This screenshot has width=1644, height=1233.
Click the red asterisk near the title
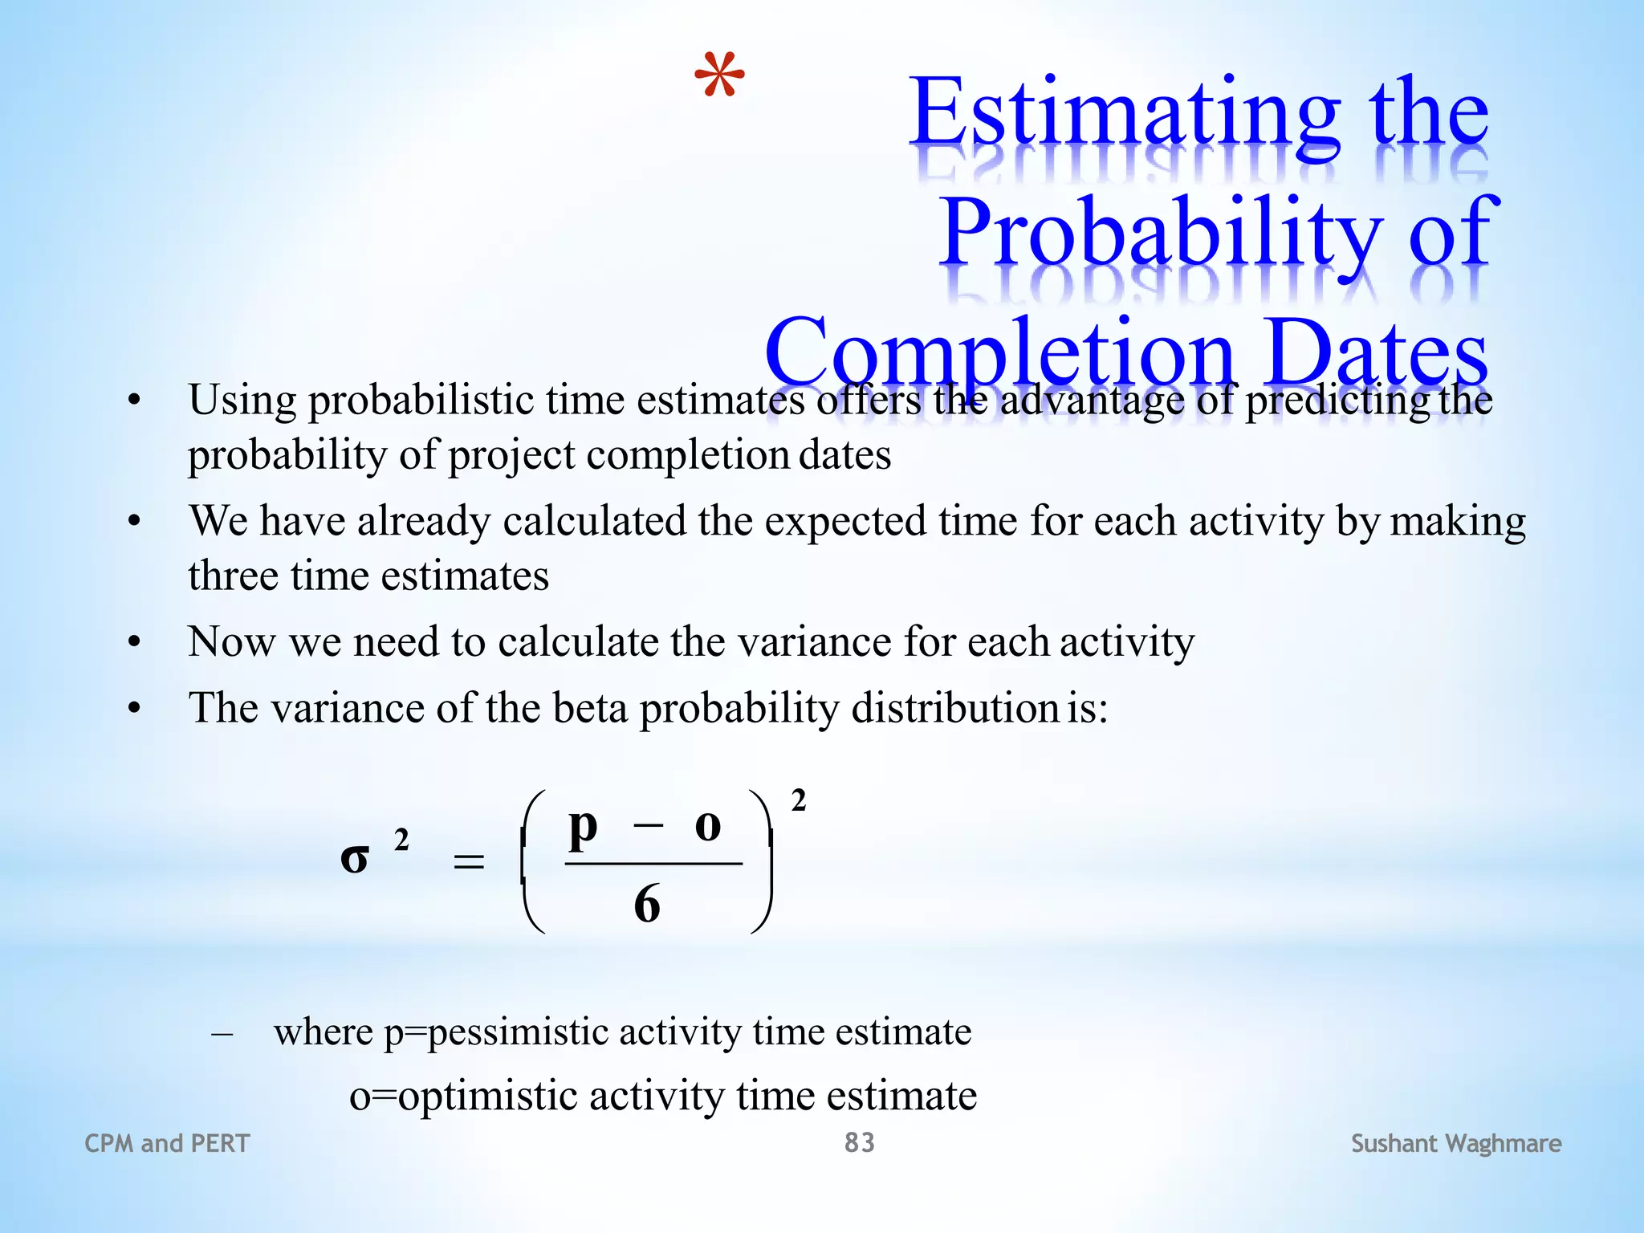(x=719, y=75)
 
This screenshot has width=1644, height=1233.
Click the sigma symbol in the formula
(x=354, y=859)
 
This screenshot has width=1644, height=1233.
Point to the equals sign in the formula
(x=469, y=863)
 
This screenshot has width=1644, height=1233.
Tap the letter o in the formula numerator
(x=707, y=827)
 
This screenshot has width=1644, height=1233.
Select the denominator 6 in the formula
(x=647, y=905)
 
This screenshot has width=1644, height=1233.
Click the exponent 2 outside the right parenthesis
(x=798, y=800)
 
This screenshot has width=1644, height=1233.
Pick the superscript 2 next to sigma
(x=401, y=840)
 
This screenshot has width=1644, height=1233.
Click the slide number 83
(x=859, y=1142)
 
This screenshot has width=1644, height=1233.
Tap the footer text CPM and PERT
(x=167, y=1143)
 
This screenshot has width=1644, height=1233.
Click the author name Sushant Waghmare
(x=1455, y=1143)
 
